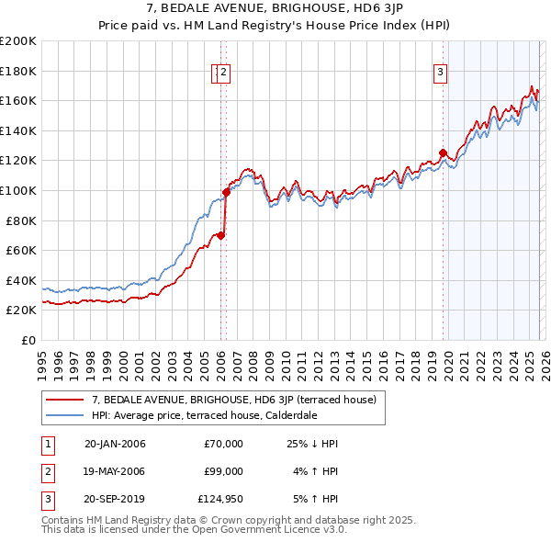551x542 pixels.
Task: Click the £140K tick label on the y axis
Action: pyautogui.click(x=18, y=130)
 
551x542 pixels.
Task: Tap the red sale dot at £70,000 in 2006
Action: pyautogui.click(x=220, y=235)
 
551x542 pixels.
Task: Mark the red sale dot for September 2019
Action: pyautogui.click(x=443, y=153)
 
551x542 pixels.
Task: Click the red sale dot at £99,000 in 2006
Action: pyautogui.click(x=226, y=192)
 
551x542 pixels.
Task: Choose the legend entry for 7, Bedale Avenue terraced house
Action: pyautogui.click(x=227, y=400)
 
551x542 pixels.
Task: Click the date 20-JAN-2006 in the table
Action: pyautogui.click(x=115, y=444)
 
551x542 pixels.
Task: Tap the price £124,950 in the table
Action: pyautogui.click(x=220, y=501)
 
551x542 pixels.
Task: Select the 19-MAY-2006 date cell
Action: pyautogui.click(x=115, y=472)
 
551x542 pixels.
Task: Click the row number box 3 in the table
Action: pyautogui.click(x=46, y=501)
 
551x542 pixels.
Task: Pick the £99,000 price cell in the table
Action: pyautogui.click(x=223, y=472)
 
